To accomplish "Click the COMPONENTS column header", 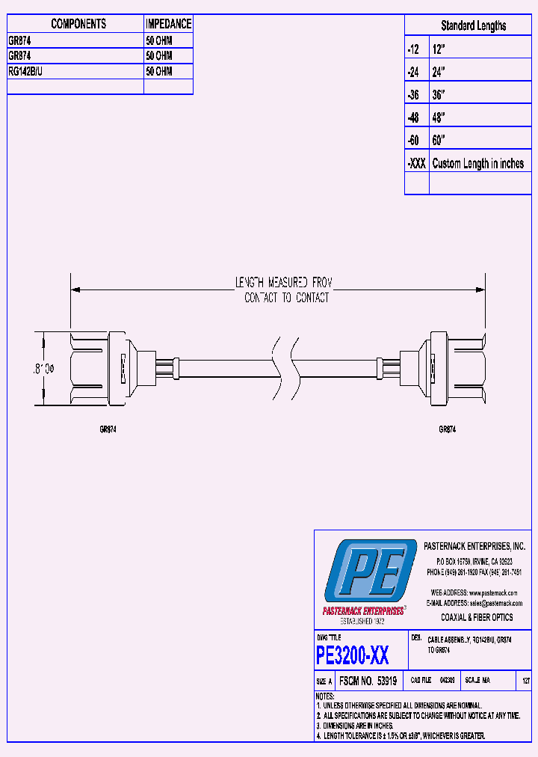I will tap(78, 24).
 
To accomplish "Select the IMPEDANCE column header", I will tap(168, 24).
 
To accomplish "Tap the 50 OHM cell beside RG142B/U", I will tap(159, 71).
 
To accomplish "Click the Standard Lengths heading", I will tap(473, 25).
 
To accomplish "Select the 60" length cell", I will tap(439, 141).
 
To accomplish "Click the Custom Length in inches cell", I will tap(478, 164).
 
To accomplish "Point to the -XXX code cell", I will tap(416, 164).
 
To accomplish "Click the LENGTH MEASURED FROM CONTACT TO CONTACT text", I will tap(282, 290).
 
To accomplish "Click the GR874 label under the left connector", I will tap(108, 430).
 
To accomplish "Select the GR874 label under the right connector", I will tap(447, 430).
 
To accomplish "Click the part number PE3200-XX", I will tap(352, 656).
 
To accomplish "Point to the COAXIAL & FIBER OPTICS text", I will tap(476, 617).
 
